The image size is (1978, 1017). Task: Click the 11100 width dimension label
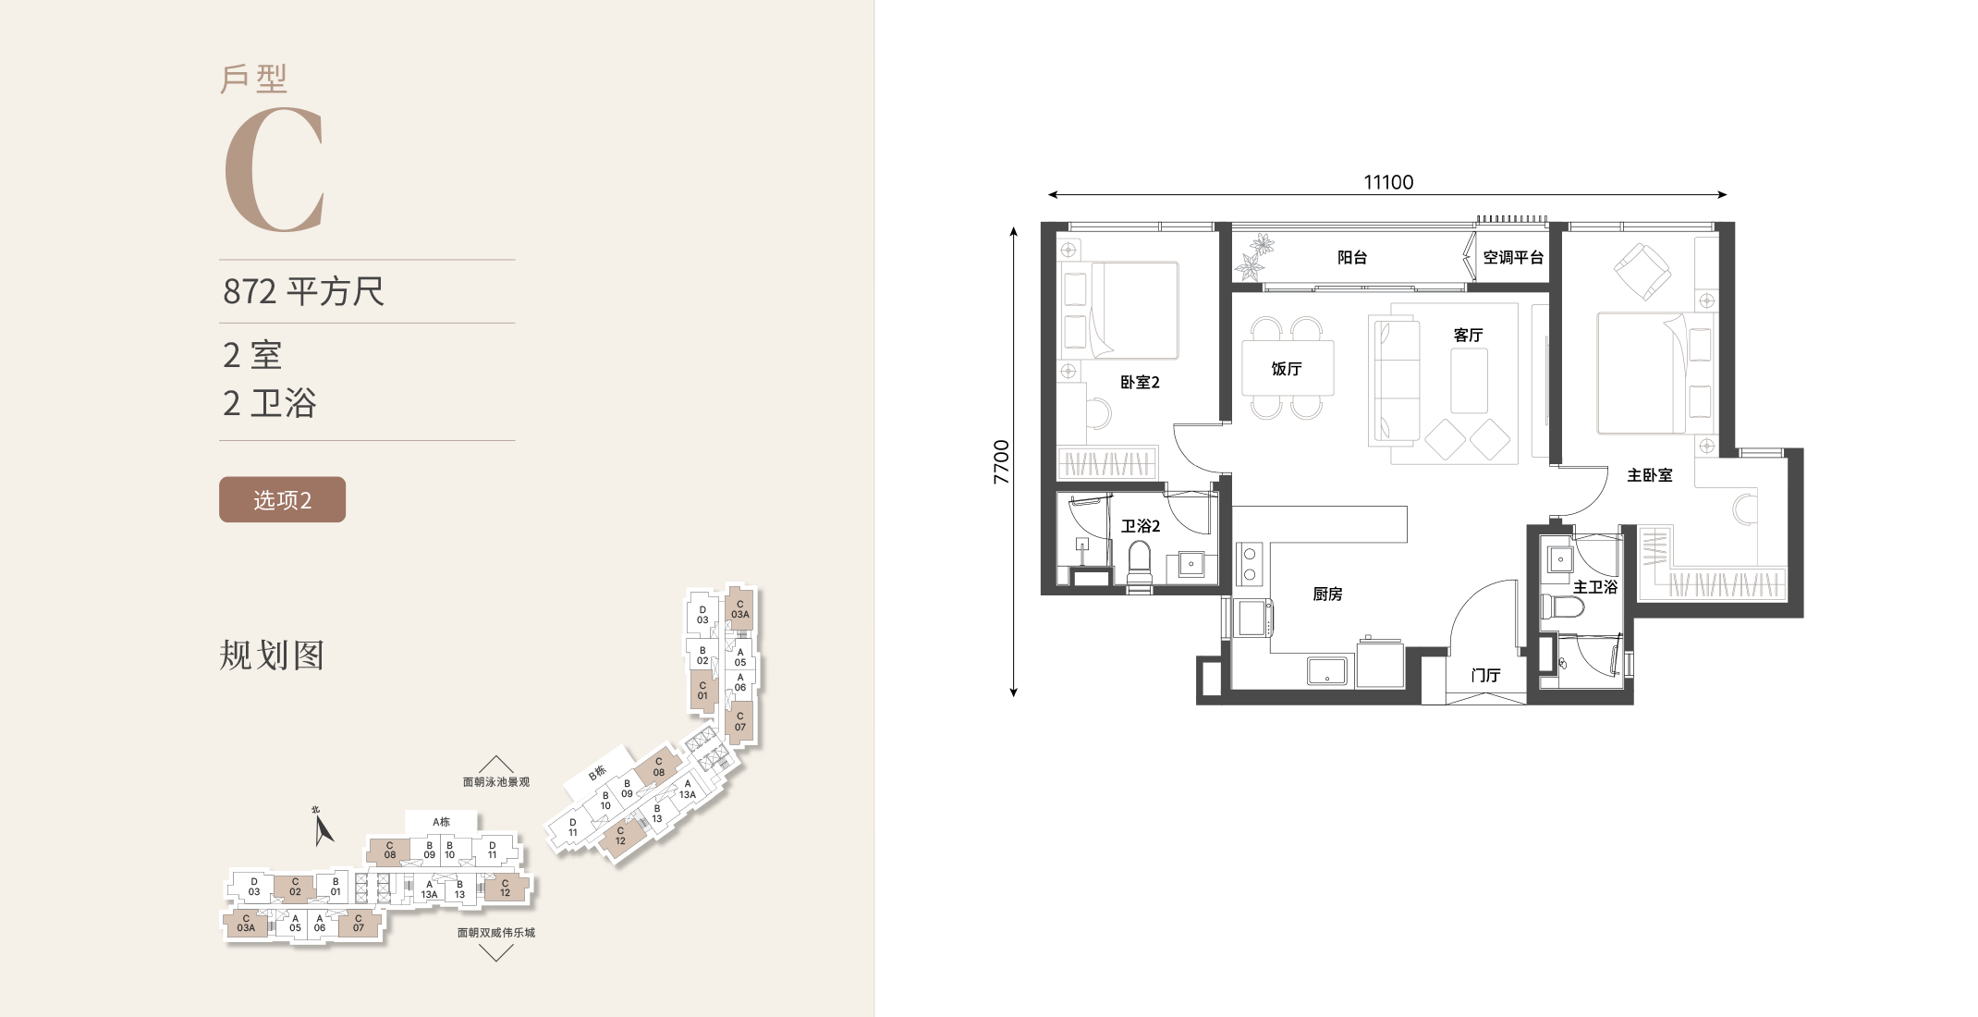point(1388,182)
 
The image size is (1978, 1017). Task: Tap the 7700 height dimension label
point(1001,462)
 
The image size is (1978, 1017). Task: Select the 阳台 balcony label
point(1352,258)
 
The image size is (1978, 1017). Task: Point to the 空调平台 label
point(1513,258)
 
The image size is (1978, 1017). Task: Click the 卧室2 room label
point(1140,382)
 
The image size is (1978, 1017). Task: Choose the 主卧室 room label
point(1650,475)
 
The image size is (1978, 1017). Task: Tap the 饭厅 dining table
point(1288,368)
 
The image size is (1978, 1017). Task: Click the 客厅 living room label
point(1468,335)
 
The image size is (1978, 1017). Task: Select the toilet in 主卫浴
point(1561,607)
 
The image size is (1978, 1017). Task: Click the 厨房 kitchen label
point(1327,594)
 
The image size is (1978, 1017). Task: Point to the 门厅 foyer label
point(1485,675)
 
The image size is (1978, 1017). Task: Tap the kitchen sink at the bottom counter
point(1327,670)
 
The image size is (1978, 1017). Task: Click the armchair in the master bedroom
point(1642,271)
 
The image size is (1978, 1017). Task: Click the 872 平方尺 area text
point(303,291)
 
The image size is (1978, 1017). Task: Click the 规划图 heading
point(272,655)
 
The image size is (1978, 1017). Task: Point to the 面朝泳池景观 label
point(496,782)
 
